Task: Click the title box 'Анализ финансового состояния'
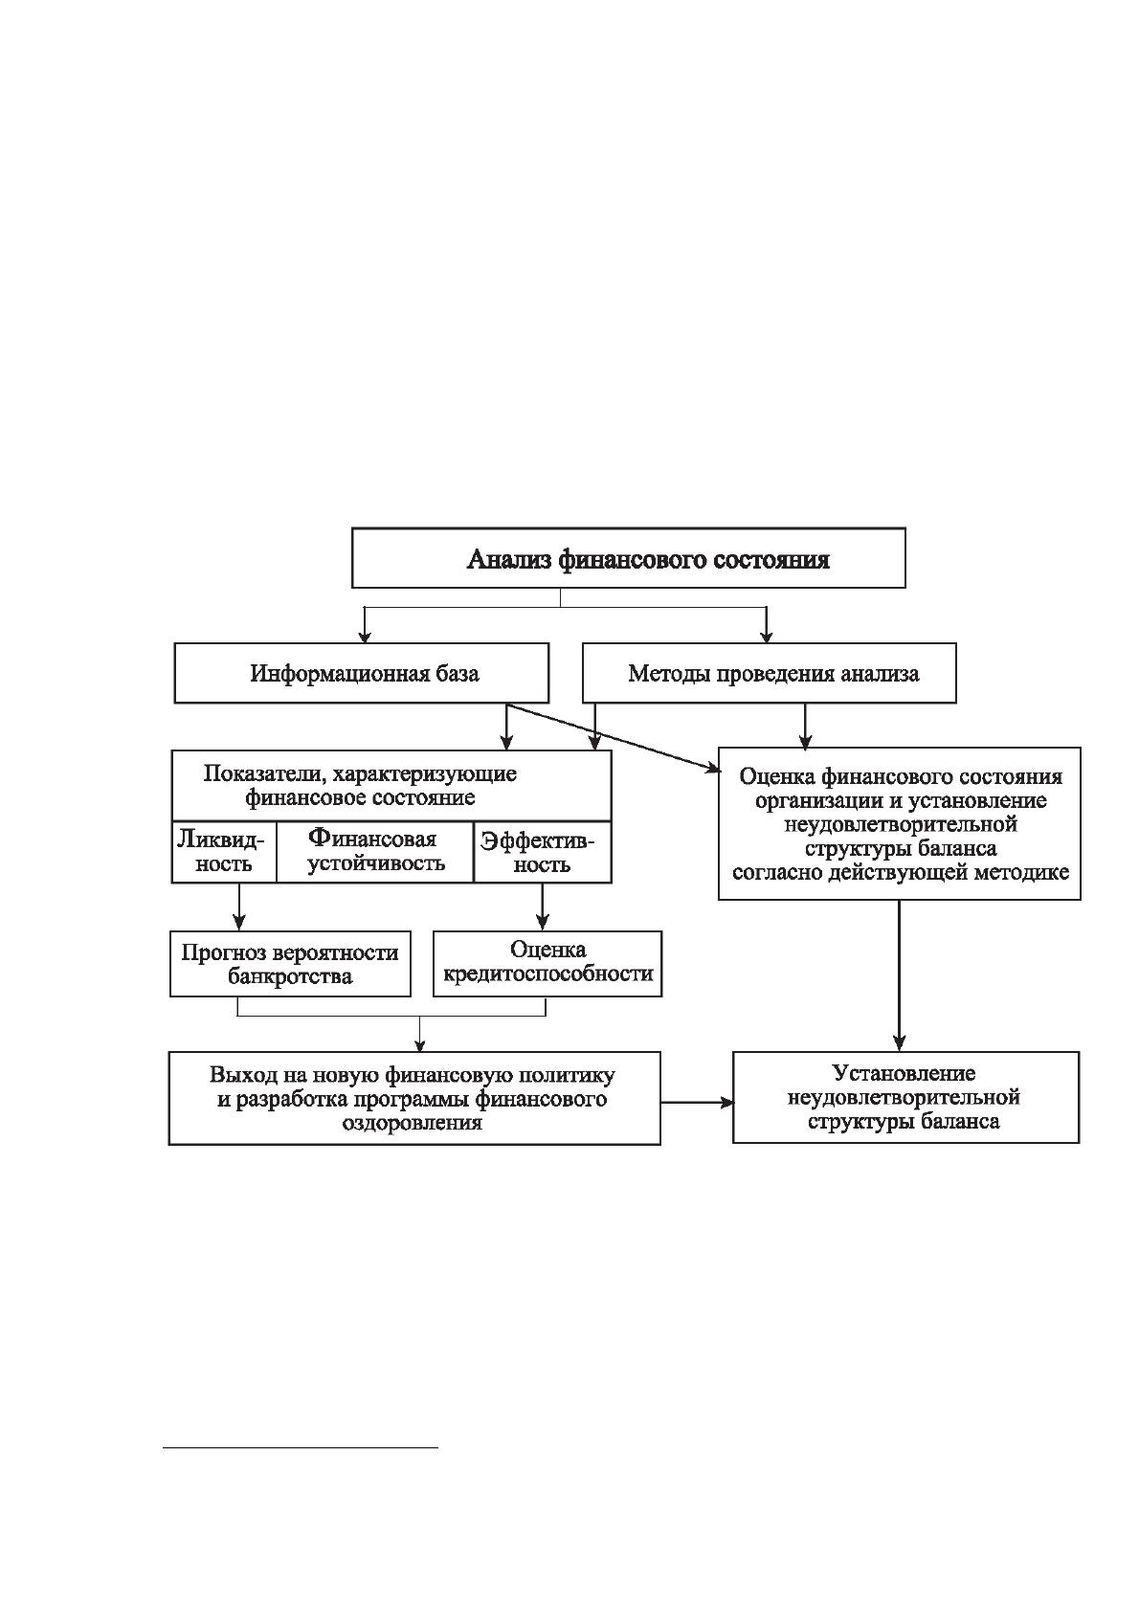click(x=628, y=558)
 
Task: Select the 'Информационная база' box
click(x=362, y=673)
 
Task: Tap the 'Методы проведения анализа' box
click(x=770, y=673)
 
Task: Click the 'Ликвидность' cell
click(x=224, y=852)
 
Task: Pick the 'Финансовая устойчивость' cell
click(x=375, y=852)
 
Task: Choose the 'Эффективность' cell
click(x=543, y=852)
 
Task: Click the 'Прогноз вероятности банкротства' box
click(x=290, y=964)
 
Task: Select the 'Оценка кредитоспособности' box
click(x=547, y=964)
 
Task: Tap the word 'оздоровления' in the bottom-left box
click(x=413, y=1123)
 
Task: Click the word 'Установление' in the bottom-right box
click(x=904, y=1073)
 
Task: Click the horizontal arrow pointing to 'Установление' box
click(x=697, y=1102)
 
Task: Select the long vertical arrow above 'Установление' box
click(x=899, y=975)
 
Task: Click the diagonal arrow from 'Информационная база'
click(x=614, y=738)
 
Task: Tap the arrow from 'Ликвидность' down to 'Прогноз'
click(x=239, y=907)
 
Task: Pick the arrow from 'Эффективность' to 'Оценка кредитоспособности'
click(x=544, y=907)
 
